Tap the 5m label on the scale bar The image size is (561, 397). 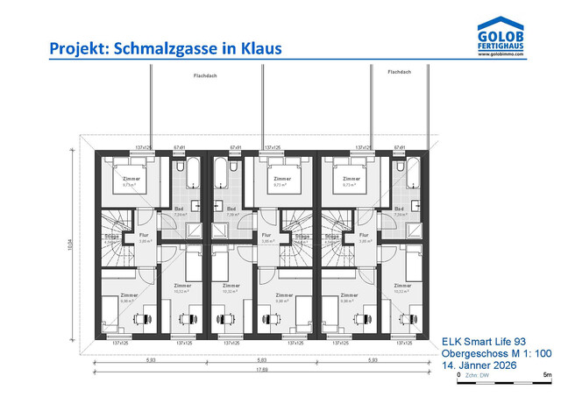(547, 375)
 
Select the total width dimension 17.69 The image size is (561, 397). (262, 369)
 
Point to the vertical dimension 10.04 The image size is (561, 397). (71, 249)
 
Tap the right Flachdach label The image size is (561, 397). (399, 73)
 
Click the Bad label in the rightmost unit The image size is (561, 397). (401, 209)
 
